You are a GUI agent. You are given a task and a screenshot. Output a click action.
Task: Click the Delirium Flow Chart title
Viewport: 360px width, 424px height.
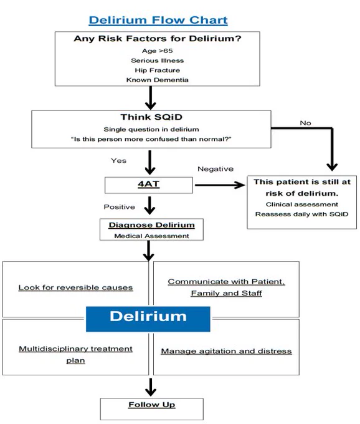click(x=158, y=21)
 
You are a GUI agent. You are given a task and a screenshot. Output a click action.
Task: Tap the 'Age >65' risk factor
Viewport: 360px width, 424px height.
click(x=157, y=51)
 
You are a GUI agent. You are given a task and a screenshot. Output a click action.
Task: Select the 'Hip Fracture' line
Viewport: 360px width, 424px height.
click(x=157, y=70)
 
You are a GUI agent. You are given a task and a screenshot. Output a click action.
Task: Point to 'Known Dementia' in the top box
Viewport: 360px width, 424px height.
click(x=157, y=80)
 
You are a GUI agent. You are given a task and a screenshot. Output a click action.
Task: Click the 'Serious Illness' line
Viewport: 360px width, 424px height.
click(x=157, y=60)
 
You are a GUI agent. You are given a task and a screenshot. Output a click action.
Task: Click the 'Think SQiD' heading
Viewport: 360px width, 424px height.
click(x=151, y=117)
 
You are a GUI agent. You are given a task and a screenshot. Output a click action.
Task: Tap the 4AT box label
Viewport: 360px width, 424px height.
click(x=148, y=184)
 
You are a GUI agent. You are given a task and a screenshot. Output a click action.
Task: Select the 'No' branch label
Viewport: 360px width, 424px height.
click(x=305, y=123)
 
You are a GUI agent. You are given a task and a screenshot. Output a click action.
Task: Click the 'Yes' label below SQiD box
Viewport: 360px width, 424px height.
click(x=118, y=161)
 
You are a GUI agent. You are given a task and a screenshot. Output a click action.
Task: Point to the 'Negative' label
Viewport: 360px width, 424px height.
click(x=216, y=169)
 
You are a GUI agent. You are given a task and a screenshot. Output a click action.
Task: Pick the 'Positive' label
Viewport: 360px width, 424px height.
click(x=120, y=207)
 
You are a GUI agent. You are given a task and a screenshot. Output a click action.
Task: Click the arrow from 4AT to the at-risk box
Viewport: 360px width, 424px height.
click(x=220, y=185)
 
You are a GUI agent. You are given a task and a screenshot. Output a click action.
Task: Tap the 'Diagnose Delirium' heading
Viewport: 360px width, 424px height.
click(x=151, y=225)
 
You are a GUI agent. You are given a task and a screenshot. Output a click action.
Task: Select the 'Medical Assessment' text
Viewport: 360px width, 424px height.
click(x=151, y=236)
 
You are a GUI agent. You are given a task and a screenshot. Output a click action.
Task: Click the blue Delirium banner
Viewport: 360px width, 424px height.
click(x=148, y=319)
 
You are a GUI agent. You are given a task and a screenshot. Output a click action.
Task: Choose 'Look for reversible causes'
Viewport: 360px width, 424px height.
click(x=75, y=287)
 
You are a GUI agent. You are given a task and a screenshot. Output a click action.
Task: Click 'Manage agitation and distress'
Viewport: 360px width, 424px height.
click(x=226, y=351)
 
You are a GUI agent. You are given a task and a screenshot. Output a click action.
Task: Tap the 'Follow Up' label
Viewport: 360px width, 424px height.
click(x=151, y=405)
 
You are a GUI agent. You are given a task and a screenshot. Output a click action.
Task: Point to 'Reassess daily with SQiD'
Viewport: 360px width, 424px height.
click(x=301, y=214)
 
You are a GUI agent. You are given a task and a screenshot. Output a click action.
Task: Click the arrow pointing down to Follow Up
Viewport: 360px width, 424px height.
click(x=151, y=387)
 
